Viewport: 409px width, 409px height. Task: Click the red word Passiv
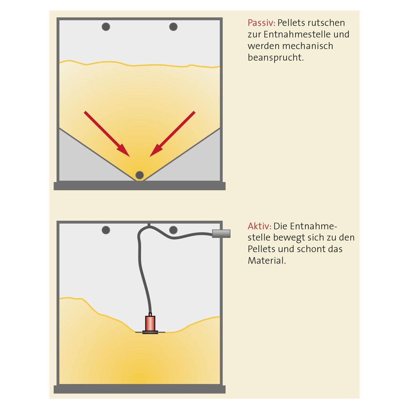261,23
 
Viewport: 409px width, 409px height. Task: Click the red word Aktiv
260,226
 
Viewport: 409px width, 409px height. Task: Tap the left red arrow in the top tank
107,134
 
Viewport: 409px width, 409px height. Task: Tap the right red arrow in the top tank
173,134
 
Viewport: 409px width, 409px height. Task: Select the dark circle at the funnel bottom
139,175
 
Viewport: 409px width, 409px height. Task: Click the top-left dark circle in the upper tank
105,27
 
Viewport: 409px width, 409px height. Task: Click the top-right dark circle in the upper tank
173,27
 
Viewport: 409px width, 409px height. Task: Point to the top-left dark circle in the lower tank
105,230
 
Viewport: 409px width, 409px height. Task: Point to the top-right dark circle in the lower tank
173,230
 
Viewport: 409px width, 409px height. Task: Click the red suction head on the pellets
150,324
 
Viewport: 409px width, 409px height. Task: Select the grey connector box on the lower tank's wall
221,233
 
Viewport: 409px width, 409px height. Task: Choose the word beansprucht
276,58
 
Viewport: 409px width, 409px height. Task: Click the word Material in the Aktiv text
267,260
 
